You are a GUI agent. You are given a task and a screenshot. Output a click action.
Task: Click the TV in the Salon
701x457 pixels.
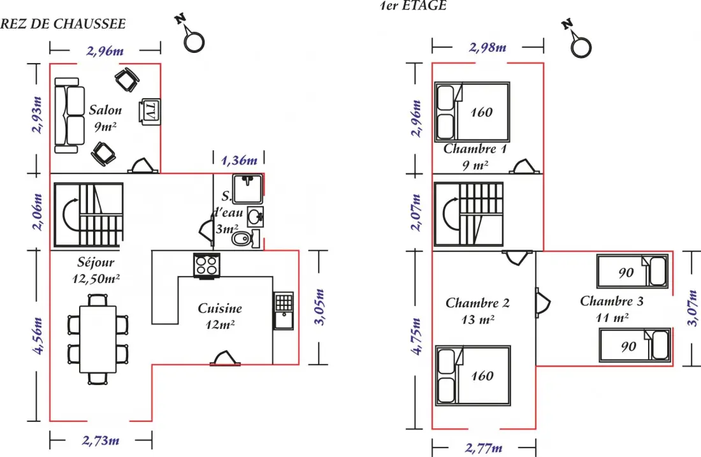(150, 112)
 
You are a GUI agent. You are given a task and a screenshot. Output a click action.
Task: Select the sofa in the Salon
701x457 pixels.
(69, 116)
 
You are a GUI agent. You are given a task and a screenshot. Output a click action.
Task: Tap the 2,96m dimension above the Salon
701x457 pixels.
(105, 50)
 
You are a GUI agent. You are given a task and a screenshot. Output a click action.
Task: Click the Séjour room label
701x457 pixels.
(96, 262)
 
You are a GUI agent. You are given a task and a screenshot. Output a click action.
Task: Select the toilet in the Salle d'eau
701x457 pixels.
(245, 239)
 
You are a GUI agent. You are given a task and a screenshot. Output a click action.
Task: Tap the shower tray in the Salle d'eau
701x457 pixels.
(247, 189)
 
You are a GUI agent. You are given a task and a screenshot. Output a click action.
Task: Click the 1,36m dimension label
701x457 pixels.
(239, 159)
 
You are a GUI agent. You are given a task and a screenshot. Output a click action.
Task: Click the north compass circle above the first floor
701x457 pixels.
(581, 47)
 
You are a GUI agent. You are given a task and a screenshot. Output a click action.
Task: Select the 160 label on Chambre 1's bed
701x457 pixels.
(481, 112)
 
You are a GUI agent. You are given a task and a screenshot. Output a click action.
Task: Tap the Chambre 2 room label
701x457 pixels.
(477, 303)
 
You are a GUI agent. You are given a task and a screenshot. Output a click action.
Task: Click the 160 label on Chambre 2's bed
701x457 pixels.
(482, 375)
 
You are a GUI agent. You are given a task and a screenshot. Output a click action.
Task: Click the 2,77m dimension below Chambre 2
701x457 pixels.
(484, 447)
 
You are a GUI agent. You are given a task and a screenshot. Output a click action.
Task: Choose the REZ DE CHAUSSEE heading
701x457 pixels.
(62, 24)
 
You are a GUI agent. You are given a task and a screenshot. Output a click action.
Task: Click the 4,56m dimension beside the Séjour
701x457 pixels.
(38, 336)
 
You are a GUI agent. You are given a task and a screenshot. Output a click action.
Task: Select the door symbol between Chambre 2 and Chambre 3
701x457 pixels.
(543, 303)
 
